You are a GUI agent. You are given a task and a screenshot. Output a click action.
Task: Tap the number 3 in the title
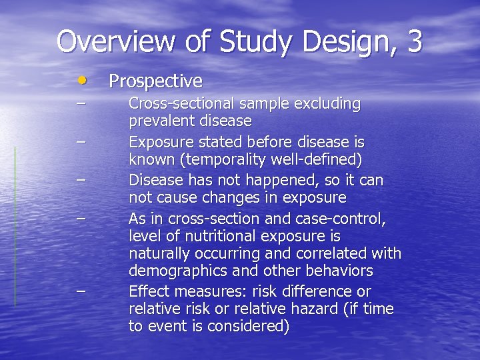(413, 41)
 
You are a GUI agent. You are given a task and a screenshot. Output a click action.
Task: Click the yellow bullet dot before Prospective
(81, 80)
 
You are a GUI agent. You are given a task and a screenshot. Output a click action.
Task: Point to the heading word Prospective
(155, 81)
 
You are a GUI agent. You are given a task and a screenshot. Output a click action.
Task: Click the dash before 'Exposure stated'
(81, 142)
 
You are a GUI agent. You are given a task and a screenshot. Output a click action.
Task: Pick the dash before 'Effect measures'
(81, 291)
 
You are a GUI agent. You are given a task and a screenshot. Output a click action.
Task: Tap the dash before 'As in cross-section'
(81, 218)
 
